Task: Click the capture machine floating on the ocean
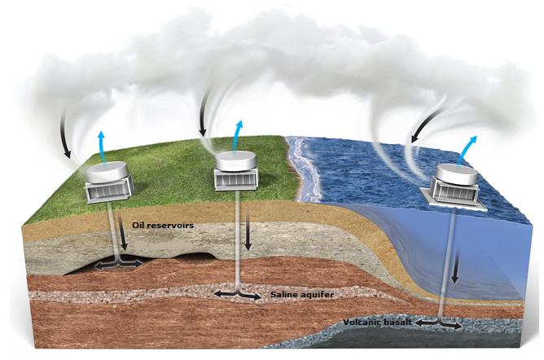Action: [454, 184]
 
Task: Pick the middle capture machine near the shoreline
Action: [237, 170]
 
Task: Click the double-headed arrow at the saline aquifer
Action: [237, 294]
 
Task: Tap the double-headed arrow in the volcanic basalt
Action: [440, 323]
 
